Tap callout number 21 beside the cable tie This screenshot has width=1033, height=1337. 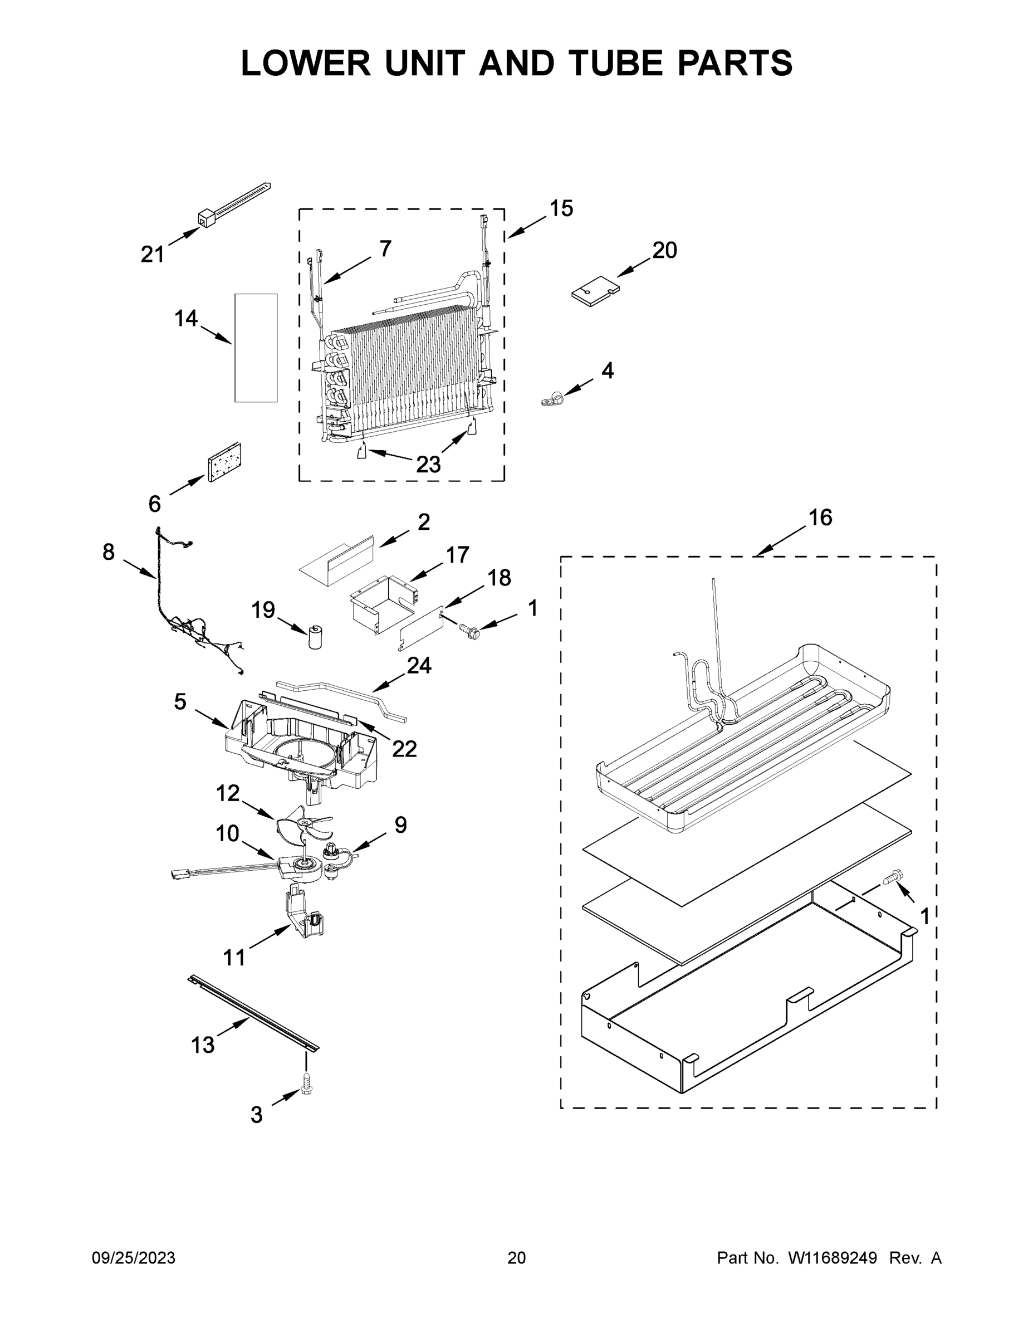click(x=153, y=254)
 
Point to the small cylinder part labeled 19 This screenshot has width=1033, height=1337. click(x=316, y=637)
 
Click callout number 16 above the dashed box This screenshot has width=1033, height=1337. click(x=820, y=518)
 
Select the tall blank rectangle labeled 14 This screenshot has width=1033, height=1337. click(x=256, y=348)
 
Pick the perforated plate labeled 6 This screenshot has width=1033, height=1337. click(x=224, y=463)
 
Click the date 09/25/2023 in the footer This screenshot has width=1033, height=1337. click(x=134, y=1257)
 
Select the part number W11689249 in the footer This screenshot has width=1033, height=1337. click(x=833, y=1257)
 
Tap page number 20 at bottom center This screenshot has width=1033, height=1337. click(x=517, y=1257)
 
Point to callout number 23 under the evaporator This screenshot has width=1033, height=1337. click(x=428, y=465)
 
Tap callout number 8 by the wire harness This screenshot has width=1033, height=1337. click(x=109, y=552)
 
